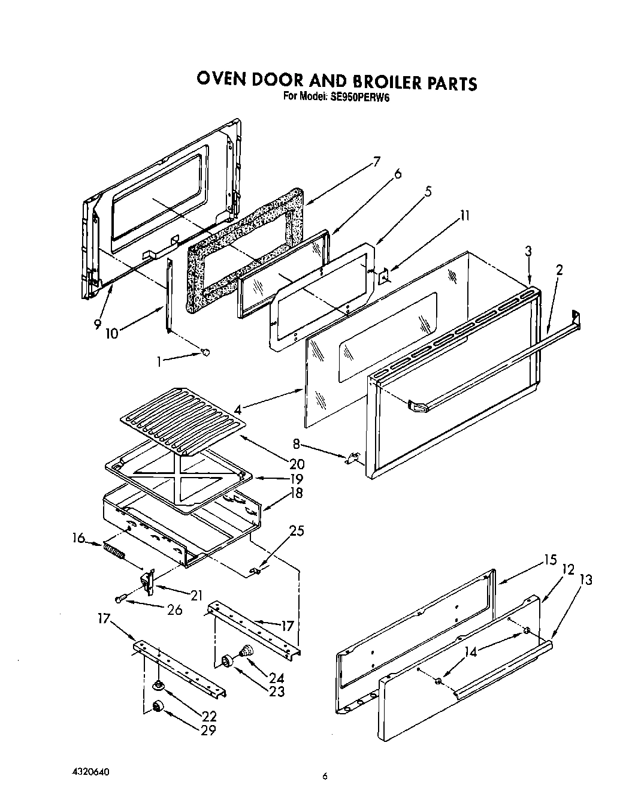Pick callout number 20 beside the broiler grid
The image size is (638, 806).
[296, 463]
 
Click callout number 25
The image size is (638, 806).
[296, 530]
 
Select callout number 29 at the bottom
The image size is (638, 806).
[208, 730]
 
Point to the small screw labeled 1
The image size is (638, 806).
[206, 353]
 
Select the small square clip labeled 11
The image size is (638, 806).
[383, 274]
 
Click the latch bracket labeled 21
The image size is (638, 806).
[147, 581]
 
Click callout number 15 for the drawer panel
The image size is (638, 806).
[550, 560]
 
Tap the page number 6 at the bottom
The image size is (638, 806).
[325, 777]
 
